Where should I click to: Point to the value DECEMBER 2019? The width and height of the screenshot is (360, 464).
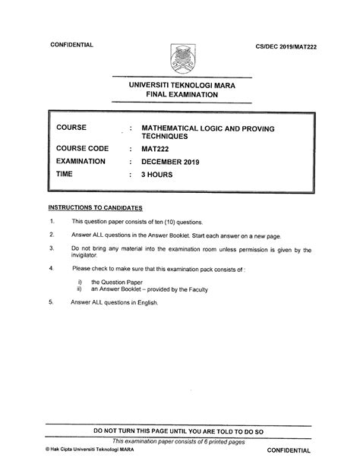pyautogui.click(x=184, y=161)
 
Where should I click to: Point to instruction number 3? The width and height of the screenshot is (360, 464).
pyautogui.click(x=51, y=248)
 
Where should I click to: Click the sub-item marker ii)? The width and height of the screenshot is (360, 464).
pyautogui.click(x=79, y=289)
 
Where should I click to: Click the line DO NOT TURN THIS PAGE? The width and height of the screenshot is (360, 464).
pyautogui.click(x=179, y=431)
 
